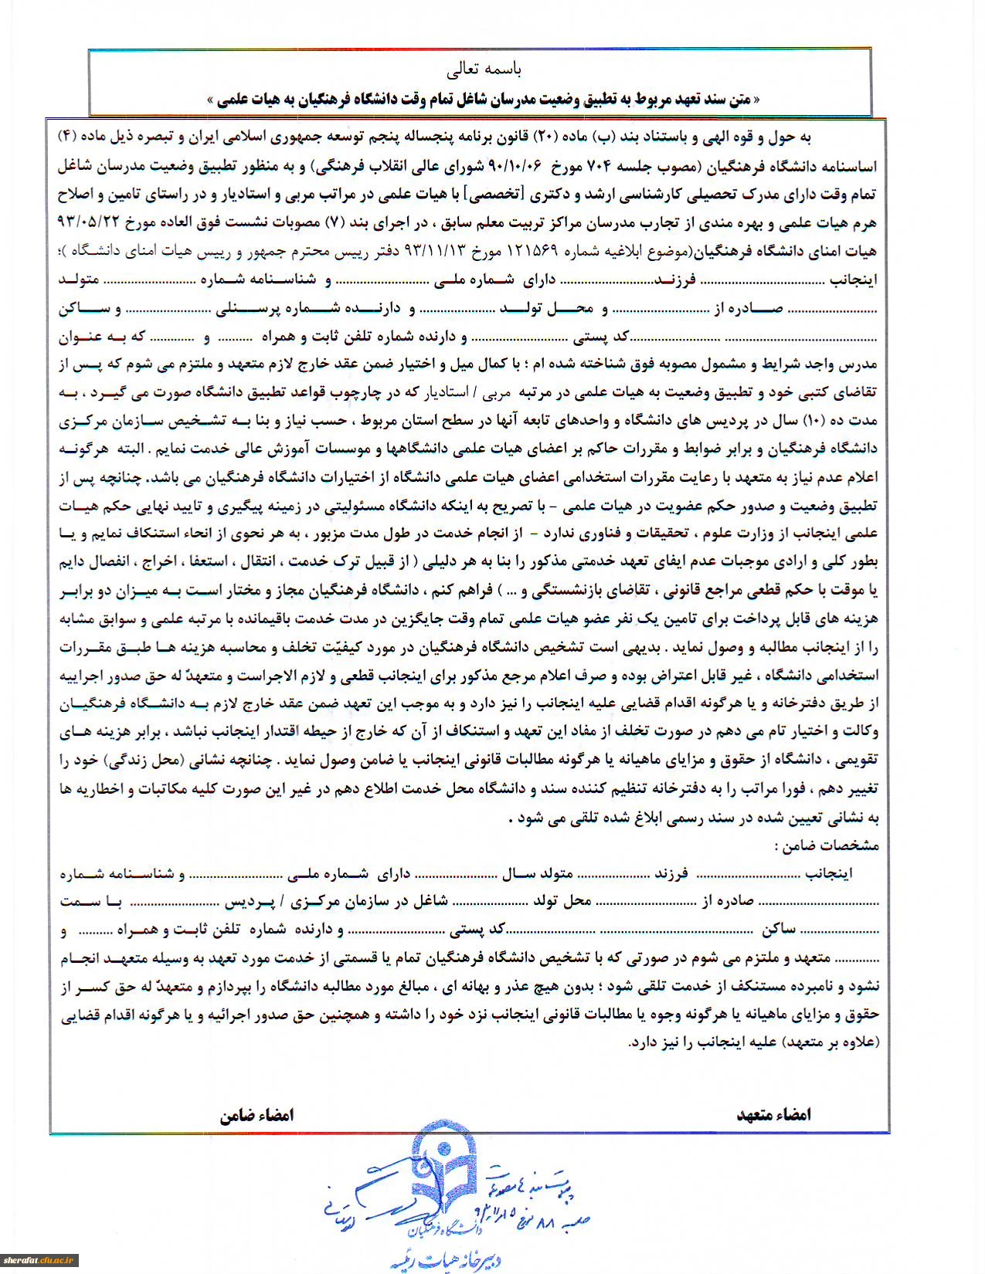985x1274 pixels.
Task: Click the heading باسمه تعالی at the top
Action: tap(484, 69)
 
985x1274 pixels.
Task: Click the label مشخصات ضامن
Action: tap(827, 846)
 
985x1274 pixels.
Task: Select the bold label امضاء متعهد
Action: tap(773, 1114)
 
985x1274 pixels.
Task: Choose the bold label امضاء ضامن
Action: tap(256, 1115)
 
